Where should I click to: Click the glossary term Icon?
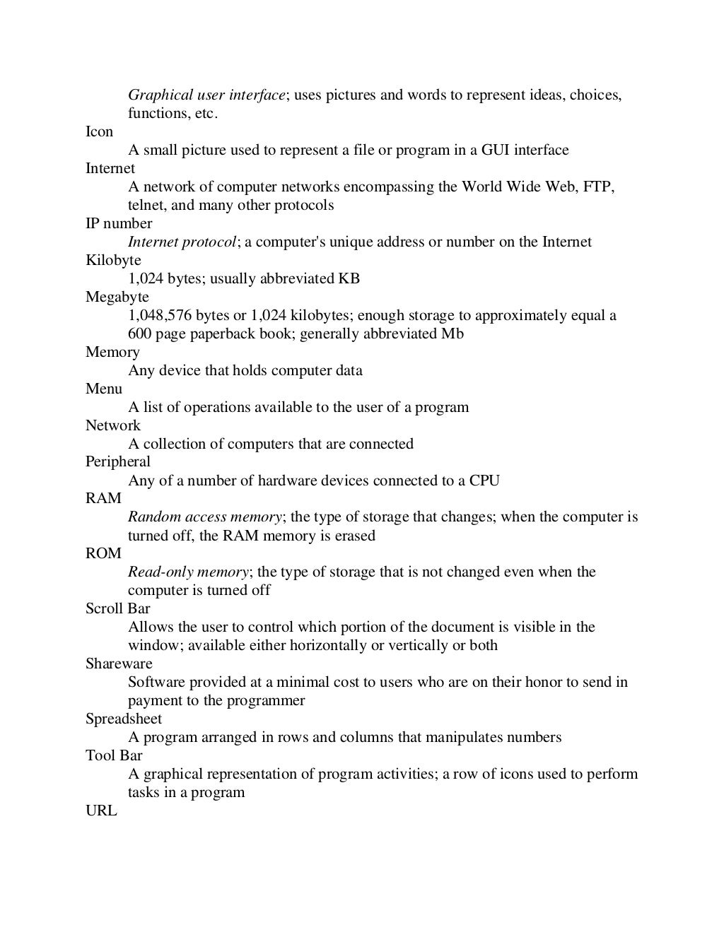coord(99,132)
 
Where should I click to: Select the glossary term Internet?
coord(110,169)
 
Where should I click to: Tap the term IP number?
coord(118,224)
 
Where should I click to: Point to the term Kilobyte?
coord(113,261)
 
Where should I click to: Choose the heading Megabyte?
coord(117,297)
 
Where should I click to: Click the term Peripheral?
coord(117,462)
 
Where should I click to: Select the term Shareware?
coord(119,664)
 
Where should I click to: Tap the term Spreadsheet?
coord(124,719)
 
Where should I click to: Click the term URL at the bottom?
coord(101,811)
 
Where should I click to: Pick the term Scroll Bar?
coord(117,609)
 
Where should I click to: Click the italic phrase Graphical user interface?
coord(206,95)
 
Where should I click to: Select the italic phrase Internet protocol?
coord(182,242)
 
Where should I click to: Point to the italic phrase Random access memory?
coord(204,517)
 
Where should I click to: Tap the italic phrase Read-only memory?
coord(188,572)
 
